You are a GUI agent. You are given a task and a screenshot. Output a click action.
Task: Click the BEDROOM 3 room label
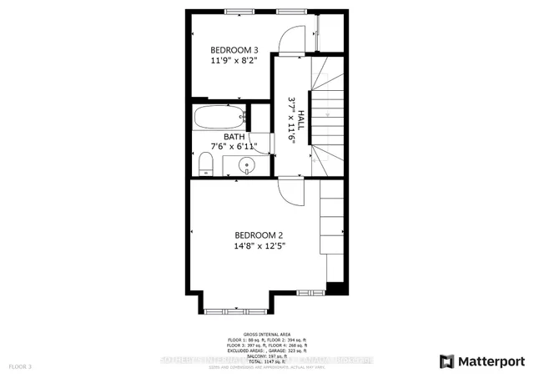pyautogui.click(x=228, y=48)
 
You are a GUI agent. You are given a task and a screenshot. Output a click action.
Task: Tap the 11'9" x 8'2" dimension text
pyautogui.click(x=228, y=60)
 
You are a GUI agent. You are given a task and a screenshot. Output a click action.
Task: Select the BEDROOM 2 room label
pyautogui.click(x=259, y=234)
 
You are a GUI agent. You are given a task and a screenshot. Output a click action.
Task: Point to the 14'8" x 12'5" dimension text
pyautogui.click(x=259, y=246)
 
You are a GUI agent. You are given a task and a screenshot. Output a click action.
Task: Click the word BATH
pyautogui.click(x=234, y=136)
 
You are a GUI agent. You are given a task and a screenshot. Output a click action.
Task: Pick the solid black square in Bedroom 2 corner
pyautogui.click(x=335, y=288)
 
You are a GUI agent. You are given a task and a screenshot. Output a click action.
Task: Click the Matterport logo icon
pyautogui.click(x=446, y=360)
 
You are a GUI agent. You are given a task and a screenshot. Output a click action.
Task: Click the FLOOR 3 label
pyautogui.click(x=20, y=366)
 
